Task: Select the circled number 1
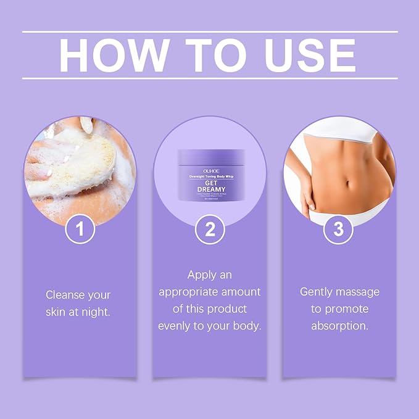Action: [x=81, y=230]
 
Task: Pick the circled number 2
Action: [x=210, y=230]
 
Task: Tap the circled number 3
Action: [x=338, y=230]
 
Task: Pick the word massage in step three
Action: [x=357, y=291]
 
